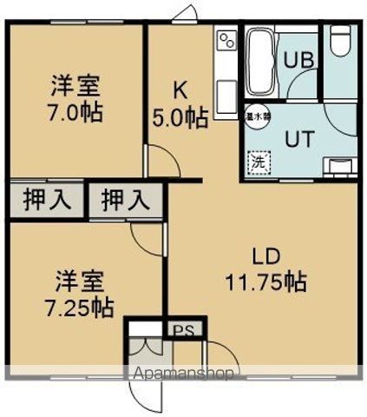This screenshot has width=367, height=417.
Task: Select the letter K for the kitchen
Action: [x=180, y=89]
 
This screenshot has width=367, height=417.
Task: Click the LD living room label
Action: [x=265, y=256]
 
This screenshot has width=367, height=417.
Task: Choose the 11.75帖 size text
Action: [x=267, y=281]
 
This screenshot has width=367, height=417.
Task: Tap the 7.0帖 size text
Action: [x=73, y=113]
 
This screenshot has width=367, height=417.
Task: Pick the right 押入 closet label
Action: [x=122, y=201]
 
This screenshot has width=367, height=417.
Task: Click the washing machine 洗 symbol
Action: [x=257, y=161]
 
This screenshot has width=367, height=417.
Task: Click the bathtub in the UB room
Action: [x=259, y=63]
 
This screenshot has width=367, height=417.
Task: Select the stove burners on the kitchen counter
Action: [x=227, y=43]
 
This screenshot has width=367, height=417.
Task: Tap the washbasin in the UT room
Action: [x=339, y=164]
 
